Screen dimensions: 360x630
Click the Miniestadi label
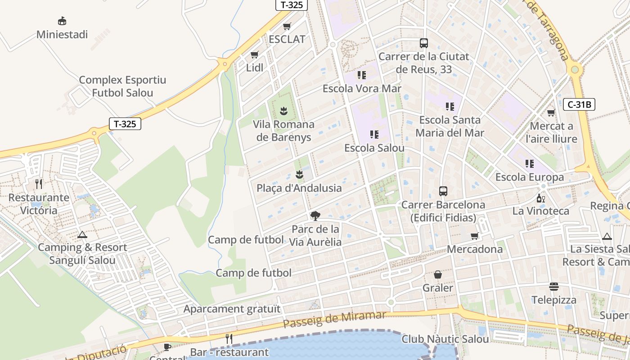click(x=62, y=35)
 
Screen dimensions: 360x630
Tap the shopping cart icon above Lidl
click(x=255, y=55)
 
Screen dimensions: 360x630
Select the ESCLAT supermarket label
click(x=287, y=39)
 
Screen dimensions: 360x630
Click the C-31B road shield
click(x=579, y=104)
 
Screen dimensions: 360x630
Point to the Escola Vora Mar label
click(x=362, y=89)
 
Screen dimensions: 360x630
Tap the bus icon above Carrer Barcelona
click(x=443, y=191)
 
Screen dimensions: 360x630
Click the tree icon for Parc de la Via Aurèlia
click(x=315, y=216)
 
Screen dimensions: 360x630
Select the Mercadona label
click(x=475, y=249)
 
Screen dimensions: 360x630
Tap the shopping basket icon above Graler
click(x=438, y=274)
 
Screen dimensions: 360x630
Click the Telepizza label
click(x=554, y=300)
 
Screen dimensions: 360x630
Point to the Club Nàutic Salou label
click(x=445, y=339)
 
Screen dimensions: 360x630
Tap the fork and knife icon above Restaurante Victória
click(x=39, y=184)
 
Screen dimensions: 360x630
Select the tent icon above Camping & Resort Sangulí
click(x=82, y=234)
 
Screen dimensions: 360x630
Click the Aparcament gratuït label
click(x=232, y=309)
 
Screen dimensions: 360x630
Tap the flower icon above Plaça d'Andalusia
click(x=299, y=175)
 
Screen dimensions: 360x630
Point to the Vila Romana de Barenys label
click(x=283, y=130)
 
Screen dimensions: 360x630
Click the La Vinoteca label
click(x=541, y=211)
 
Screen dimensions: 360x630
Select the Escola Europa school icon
click(x=530, y=164)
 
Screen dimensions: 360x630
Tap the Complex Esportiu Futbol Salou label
click(x=122, y=86)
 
